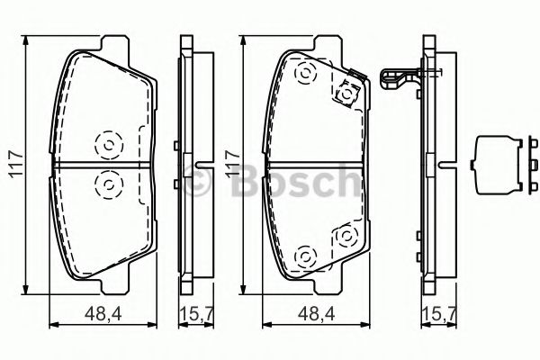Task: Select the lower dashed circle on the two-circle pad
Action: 107,184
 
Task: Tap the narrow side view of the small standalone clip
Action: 522,166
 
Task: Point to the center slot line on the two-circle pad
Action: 107,164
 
